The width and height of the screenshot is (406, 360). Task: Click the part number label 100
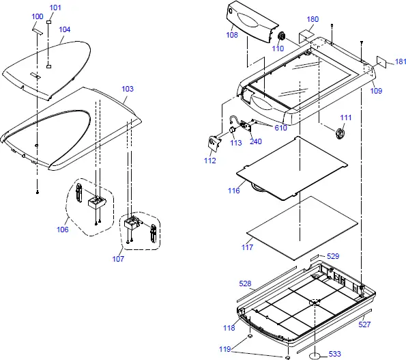click(x=38, y=16)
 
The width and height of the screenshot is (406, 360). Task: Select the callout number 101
click(x=55, y=8)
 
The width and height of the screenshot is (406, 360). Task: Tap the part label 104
click(x=65, y=29)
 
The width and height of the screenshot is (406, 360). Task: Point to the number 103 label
click(x=128, y=89)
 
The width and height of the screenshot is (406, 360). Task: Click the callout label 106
click(x=63, y=230)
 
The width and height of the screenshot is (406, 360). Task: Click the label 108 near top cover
click(x=232, y=33)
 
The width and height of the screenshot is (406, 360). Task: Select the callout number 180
click(x=313, y=19)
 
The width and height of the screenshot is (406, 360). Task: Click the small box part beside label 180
click(x=306, y=35)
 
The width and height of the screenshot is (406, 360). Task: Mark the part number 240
click(x=255, y=141)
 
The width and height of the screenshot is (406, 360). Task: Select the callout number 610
click(x=281, y=128)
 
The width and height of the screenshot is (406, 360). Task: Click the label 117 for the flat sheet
click(x=247, y=247)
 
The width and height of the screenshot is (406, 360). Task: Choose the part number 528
click(x=244, y=282)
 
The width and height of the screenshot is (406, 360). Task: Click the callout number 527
click(x=365, y=324)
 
